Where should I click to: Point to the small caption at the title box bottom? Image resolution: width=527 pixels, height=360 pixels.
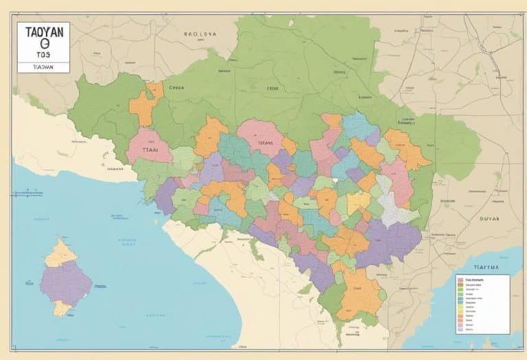click(42, 68)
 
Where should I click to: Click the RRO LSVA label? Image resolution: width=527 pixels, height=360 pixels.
click(200, 32)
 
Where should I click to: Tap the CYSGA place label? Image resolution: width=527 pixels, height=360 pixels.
click(178, 88)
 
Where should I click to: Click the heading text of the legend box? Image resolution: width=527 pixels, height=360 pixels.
click(475, 280)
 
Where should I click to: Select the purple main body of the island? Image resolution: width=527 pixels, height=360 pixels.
click(65, 282)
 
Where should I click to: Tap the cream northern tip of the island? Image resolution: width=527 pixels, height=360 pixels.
click(60, 252)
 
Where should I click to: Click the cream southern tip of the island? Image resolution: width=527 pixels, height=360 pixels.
click(62, 309)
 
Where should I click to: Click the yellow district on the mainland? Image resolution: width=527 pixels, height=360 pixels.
click(358, 202)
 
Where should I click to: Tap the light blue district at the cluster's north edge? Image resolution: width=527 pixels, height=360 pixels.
click(359, 126)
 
